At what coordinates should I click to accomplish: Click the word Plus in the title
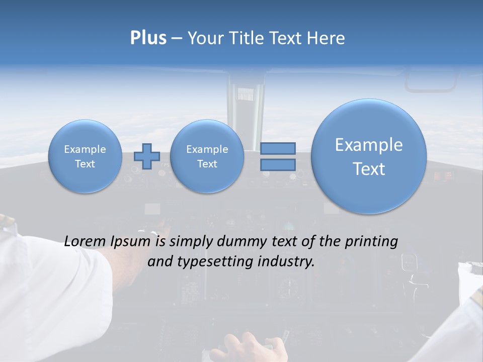tap(148, 38)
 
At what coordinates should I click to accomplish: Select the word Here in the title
tap(326, 38)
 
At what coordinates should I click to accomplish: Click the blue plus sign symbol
tap(147, 156)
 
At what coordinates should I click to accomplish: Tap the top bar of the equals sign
tap(278, 148)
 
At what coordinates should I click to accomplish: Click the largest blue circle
tap(369, 156)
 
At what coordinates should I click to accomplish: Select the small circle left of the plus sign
tap(85, 156)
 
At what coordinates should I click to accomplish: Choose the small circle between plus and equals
tap(207, 156)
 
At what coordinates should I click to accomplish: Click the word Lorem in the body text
tap(86, 241)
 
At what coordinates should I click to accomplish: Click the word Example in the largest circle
tap(369, 145)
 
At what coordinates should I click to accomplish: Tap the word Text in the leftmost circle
tap(85, 164)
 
